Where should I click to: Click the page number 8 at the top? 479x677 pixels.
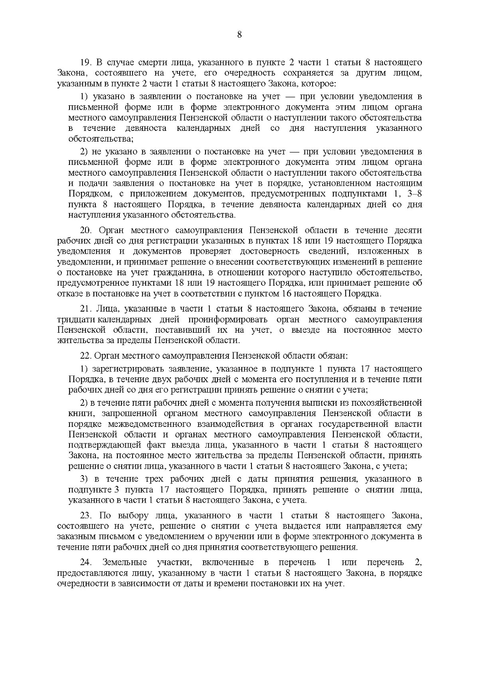point(239,35)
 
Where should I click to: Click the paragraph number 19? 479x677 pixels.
point(86,63)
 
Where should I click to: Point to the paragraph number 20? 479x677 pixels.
point(86,231)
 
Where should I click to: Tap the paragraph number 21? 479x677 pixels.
point(86,309)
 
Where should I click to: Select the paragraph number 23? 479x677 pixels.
point(86,516)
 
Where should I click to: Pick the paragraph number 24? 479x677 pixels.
point(86,563)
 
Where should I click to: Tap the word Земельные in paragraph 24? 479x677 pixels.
point(125,563)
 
